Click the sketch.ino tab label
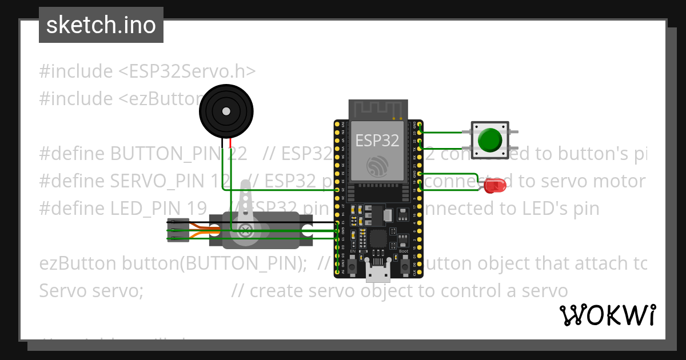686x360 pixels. click(101, 25)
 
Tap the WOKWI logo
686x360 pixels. click(608, 315)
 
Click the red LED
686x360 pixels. click(494, 186)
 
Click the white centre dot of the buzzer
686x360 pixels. click(226, 111)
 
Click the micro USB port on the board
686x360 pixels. click(378, 274)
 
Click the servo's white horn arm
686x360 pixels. click(246, 206)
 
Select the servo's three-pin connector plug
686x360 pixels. click(178, 230)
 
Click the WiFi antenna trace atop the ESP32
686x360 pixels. click(378, 109)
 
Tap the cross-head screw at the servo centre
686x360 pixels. click(246, 230)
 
